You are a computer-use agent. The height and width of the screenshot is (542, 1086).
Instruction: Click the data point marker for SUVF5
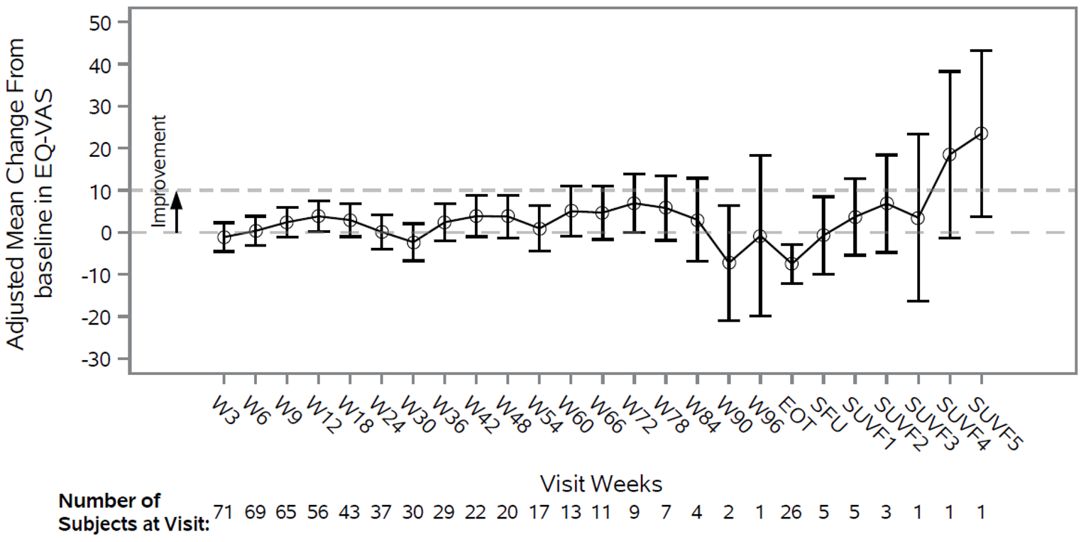(981, 134)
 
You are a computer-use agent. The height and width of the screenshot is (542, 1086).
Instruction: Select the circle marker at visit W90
(728, 263)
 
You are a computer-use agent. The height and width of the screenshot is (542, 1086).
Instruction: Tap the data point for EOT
(791, 264)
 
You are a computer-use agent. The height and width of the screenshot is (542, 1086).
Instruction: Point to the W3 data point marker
(224, 237)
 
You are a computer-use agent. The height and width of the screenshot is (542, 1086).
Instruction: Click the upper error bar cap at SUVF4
(950, 72)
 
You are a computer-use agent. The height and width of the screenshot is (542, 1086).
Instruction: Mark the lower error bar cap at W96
(760, 315)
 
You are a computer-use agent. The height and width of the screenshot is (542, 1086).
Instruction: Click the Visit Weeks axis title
(600, 484)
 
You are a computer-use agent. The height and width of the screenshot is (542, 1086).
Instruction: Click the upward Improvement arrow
(177, 211)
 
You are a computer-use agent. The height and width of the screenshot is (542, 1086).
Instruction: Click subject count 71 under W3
(224, 512)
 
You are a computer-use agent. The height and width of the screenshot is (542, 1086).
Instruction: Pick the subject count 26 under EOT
(791, 512)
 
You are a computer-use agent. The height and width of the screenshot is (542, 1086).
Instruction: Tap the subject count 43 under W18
(350, 512)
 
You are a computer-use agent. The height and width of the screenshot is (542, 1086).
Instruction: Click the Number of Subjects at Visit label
(133, 512)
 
